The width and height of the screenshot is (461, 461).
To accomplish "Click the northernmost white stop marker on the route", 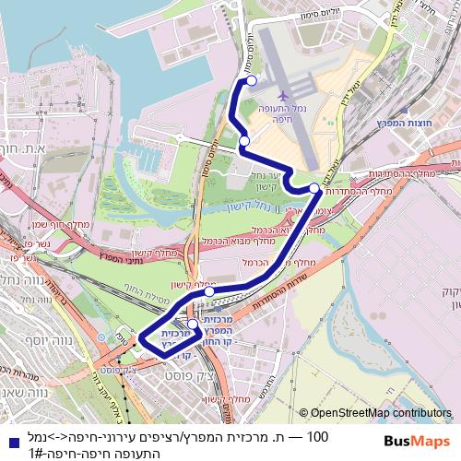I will click(x=252, y=81).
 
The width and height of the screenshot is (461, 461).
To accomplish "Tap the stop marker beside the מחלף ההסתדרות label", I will click(x=314, y=188).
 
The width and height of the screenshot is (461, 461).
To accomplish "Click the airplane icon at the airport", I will click(x=283, y=94).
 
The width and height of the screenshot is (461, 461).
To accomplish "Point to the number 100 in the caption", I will click(x=317, y=436).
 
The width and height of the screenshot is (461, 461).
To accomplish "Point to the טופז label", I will click(x=122, y=337).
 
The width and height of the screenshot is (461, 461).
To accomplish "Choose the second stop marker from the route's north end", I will click(x=243, y=140).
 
